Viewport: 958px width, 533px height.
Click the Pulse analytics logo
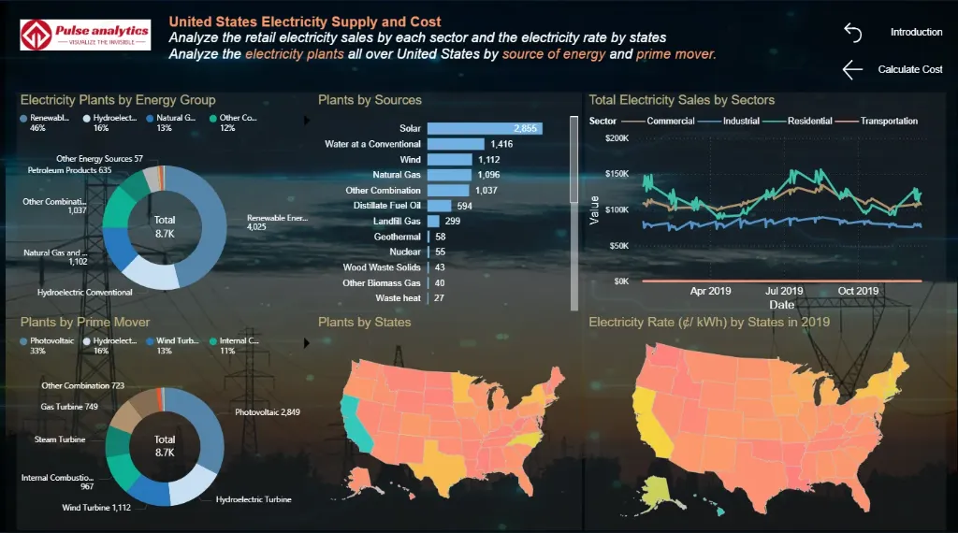[85, 36]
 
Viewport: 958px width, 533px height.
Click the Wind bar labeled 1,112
[450, 159]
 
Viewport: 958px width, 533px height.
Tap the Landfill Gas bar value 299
[452, 221]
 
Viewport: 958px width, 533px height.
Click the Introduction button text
[916, 32]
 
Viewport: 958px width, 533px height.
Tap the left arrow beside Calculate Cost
[851, 69]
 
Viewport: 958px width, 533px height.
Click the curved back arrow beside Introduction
[852, 32]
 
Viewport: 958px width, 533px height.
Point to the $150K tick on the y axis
[616, 174]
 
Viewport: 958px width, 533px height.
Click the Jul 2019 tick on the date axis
[784, 291]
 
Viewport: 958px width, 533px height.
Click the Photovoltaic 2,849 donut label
[268, 412]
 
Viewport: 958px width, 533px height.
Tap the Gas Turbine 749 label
[69, 407]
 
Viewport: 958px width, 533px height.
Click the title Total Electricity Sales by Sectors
[681, 100]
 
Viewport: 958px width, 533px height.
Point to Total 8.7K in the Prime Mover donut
[165, 445]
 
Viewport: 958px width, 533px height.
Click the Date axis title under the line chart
[781, 305]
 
